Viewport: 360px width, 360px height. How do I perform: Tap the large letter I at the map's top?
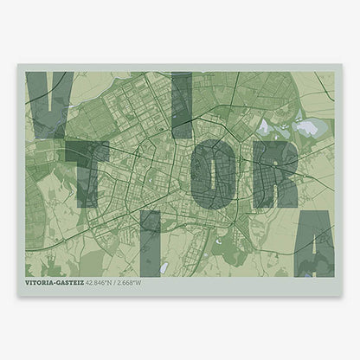coord(181,104)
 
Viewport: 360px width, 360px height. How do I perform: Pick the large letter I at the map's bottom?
coord(151,242)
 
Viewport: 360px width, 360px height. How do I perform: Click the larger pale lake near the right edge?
coord(307,129)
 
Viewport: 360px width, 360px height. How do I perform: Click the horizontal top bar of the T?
coord(87,149)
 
